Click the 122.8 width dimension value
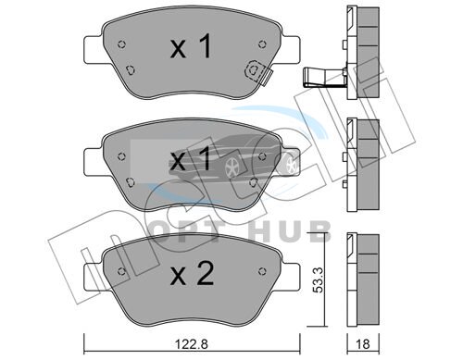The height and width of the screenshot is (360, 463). pyautogui.click(x=192, y=343)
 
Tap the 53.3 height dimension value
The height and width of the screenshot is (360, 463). pyautogui.click(x=318, y=279)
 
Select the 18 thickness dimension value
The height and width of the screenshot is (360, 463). pyautogui.click(x=363, y=343)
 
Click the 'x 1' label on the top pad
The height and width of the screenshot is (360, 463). pyautogui.click(x=191, y=46)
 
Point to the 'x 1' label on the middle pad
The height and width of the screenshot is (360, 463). pyautogui.click(x=191, y=158)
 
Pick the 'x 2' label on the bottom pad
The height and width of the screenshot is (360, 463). pyautogui.click(x=192, y=272)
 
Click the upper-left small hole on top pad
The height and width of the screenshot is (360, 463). pyautogui.click(x=122, y=44)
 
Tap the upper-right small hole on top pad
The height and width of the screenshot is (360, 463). pyautogui.click(x=262, y=44)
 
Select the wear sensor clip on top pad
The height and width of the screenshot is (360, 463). pyautogui.click(x=258, y=72)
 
